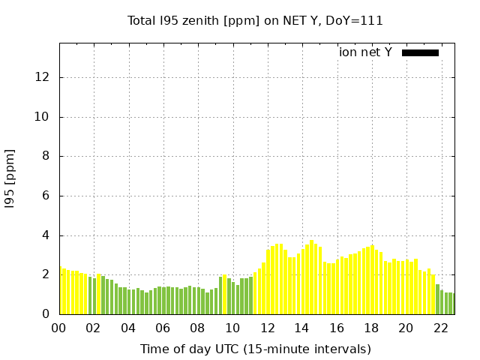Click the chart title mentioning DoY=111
tap(255, 21)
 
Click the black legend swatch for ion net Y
tap(420, 52)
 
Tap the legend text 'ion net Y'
tap(365, 52)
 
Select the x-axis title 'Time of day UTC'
tap(255, 349)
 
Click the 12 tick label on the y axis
tap(43, 77)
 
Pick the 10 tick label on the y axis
tap(43, 117)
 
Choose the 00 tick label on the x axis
tap(59, 328)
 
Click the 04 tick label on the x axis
tap(128, 328)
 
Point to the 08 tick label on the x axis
tap(198, 328)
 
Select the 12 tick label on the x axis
tap(267, 328)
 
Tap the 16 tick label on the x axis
tap(337, 328)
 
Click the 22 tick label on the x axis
tap(441, 328)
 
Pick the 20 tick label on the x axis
tap(406, 328)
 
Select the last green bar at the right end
tap(451, 304)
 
